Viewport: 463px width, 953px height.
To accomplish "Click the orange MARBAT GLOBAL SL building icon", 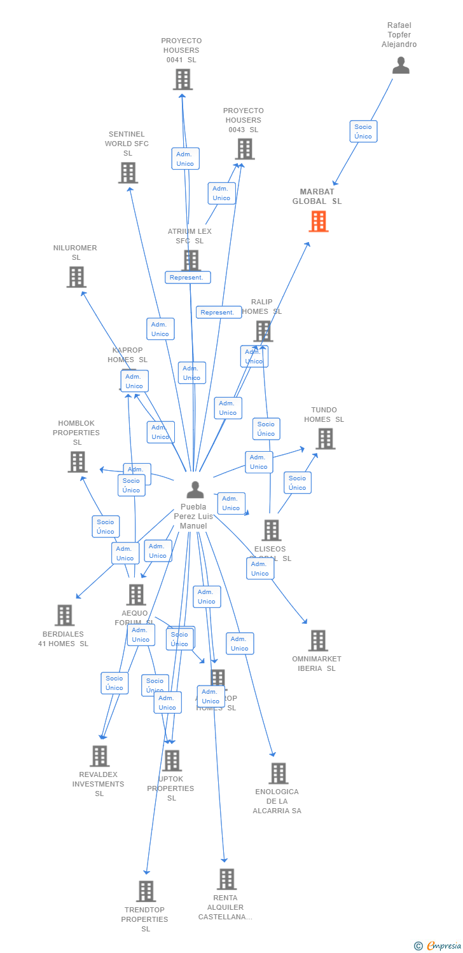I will click(319, 222).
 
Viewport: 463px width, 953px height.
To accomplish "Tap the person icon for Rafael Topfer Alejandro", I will click(401, 65).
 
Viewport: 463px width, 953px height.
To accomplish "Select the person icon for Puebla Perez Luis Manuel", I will click(195, 490).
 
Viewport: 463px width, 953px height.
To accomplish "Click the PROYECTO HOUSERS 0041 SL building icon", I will click(183, 79).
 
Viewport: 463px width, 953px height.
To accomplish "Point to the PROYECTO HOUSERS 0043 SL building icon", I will click(244, 149).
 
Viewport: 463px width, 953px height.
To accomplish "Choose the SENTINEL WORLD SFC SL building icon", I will click(128, 173).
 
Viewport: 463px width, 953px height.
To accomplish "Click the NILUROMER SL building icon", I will click(76, 277).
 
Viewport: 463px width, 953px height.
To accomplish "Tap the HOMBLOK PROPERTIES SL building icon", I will click(77, 462).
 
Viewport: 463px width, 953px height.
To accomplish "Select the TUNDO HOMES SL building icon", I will click(325, 439).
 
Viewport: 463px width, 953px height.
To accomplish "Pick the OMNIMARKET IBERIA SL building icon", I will click(318, 641).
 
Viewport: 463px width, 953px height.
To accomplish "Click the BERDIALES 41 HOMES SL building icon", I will click(64, 616).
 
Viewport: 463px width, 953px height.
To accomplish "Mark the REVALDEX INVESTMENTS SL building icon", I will click(100, 756).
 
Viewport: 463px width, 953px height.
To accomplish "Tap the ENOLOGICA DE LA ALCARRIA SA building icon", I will click(278, 773).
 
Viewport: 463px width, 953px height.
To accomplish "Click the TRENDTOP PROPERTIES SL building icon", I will click(146, 891).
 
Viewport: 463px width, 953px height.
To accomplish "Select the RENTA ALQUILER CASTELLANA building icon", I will click(226, 879).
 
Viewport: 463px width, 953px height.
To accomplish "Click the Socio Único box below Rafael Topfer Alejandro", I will click(363, 132).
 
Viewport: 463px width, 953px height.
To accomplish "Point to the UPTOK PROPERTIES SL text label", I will click(171, 788).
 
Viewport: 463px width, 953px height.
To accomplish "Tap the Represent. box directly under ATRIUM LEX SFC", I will click(188, 278).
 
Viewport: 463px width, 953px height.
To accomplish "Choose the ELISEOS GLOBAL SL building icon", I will click(271, 530).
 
